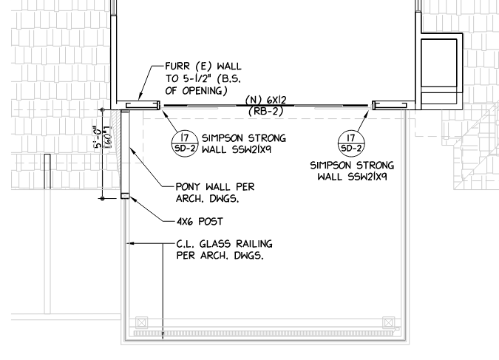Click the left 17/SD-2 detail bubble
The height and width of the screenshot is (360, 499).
tap(185, 143)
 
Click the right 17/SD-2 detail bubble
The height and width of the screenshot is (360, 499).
tap(351, 143)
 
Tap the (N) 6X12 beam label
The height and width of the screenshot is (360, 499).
tap(265, 100)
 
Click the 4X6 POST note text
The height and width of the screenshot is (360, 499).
tap(200, 221)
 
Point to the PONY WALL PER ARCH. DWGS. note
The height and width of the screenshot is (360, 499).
tap(215, 193)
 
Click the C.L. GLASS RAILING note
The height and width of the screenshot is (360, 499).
tap(224, 250)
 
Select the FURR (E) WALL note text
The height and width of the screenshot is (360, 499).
tap(203, 78)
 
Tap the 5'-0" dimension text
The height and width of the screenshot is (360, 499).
tap(97, 137)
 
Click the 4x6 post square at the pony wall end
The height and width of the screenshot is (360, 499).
tap(125, 196)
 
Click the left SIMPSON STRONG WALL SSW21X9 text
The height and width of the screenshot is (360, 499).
tap(244, 143)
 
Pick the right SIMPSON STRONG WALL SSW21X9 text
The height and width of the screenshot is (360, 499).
tap(352, 171)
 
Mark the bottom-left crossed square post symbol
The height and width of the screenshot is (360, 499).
tap(142, 323)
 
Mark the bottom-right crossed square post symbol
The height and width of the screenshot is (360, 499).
tap(388, 323)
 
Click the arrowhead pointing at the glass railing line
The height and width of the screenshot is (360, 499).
tap(130, 243)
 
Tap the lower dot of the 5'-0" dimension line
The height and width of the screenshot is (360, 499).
tap(102, 199)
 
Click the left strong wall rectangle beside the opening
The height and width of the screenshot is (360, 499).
tap(143, 105)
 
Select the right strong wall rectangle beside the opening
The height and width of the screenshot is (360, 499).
tap(390, 105)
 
